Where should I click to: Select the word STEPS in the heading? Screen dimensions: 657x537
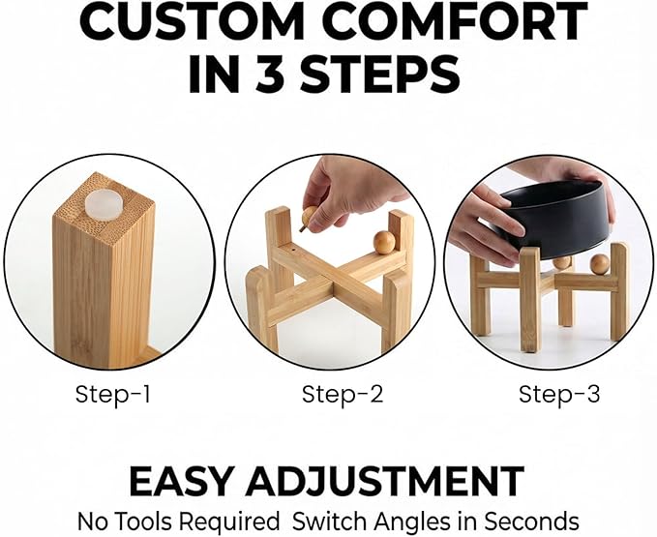point(379,75)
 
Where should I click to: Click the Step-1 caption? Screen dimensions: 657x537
point(112,395)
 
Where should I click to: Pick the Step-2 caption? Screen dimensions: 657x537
point(343,395)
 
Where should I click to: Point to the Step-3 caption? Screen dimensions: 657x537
point(559,395)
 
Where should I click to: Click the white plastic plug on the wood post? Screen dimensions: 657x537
point(104,203)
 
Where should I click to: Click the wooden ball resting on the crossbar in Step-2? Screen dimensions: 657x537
point(384,243)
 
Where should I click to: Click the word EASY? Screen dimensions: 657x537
point(180,481)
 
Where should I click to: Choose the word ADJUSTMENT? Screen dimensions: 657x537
point(385,481)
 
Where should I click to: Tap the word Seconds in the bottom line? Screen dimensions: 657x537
point(532,522)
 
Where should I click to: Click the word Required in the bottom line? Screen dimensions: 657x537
point(228,522)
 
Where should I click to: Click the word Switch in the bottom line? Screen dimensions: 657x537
point(330,522)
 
